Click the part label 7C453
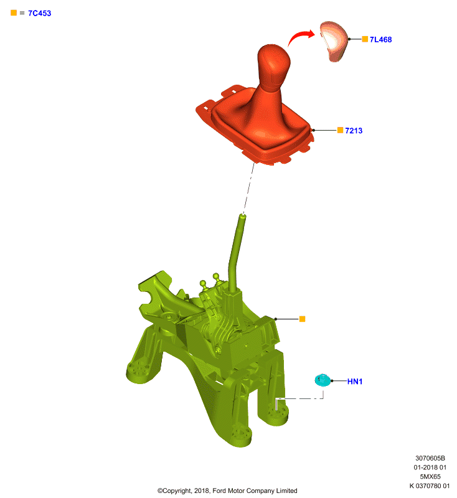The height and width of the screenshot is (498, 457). coord(40,13)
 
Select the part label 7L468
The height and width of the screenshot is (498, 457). coord(380,40)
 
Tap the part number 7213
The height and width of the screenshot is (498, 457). coord(354,131)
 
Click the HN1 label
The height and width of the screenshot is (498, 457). coord(355,382)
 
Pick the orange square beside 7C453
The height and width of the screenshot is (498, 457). coord(14,12)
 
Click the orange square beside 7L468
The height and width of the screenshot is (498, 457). coord(365,39)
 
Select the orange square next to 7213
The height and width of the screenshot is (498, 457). coord(340,130)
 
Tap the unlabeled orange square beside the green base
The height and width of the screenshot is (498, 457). coord(303,319)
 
